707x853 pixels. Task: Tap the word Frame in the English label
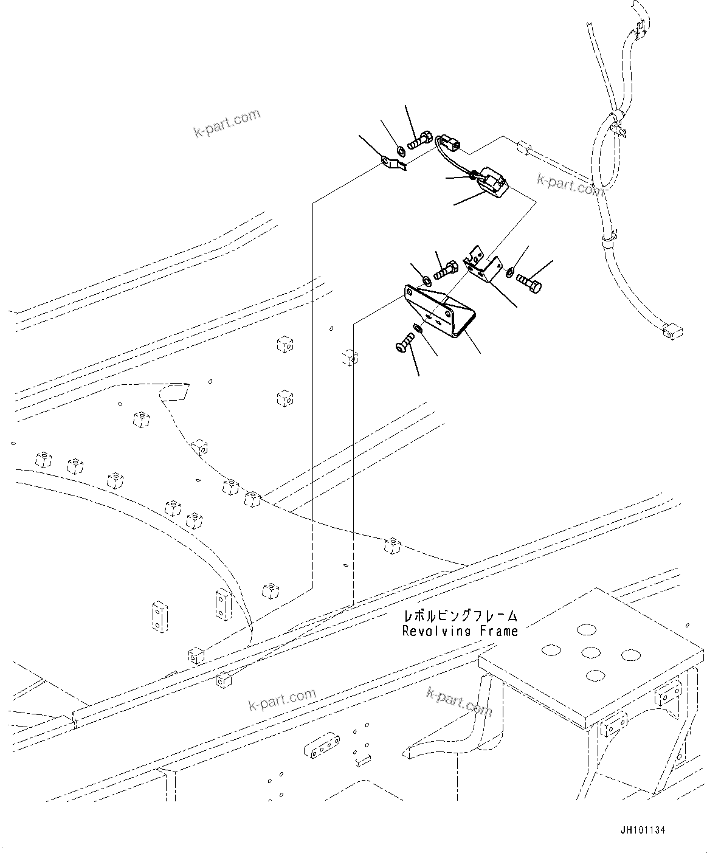coord(498,631)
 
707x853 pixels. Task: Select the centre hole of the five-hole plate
coord(591,652)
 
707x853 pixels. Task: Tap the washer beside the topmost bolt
coord(401,150)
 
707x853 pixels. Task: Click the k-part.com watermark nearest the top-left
coord(227,123)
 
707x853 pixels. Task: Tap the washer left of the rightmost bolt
coord(509,271)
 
